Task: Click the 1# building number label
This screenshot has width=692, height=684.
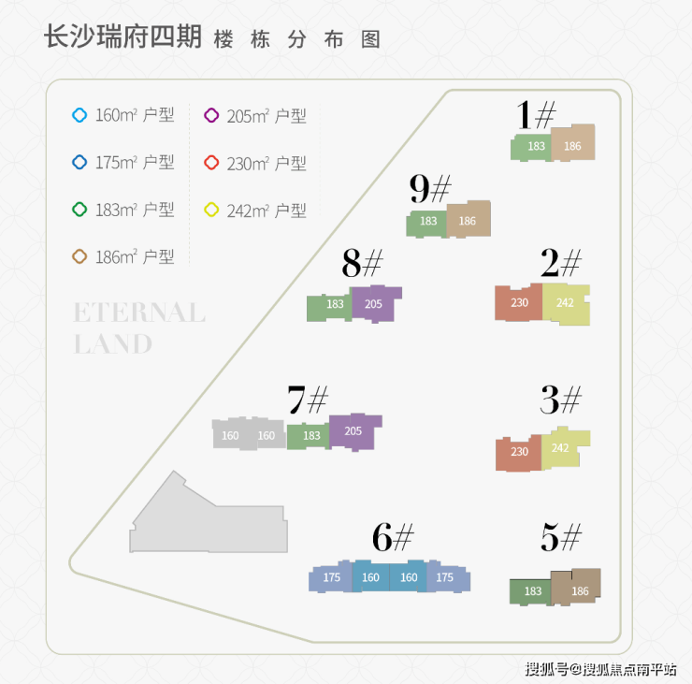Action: click(535, 114)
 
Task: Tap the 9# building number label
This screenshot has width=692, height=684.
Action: click(430, 188)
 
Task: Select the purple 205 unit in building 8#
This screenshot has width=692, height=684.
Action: click(376, 304)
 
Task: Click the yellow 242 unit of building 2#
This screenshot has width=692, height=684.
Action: click(566, 304)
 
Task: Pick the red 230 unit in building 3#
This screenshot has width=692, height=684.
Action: click(519, 453)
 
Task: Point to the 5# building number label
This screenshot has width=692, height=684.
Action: click(561, 537)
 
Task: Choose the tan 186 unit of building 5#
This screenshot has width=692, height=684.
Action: click(575, 588)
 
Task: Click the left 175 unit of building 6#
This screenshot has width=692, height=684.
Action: click(330, 576)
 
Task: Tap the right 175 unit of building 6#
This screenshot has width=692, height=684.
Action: click(448, 576)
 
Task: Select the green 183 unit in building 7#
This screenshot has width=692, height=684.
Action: click(309, 436)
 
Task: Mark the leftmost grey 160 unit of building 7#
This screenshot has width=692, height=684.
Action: click(230, 434)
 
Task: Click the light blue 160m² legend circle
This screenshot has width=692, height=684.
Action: click(79, 115)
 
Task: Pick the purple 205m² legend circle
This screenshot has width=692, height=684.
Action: click(211, 115)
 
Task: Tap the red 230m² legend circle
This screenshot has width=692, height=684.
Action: click(211, 163)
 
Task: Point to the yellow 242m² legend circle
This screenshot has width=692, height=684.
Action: click(211, 210)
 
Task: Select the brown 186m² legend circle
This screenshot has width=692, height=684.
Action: click(79, 256)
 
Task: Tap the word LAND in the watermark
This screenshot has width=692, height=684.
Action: click(113, 344)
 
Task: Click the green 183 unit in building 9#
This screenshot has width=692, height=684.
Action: click(426, 224)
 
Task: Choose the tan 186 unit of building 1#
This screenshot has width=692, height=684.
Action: click(573, 142)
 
